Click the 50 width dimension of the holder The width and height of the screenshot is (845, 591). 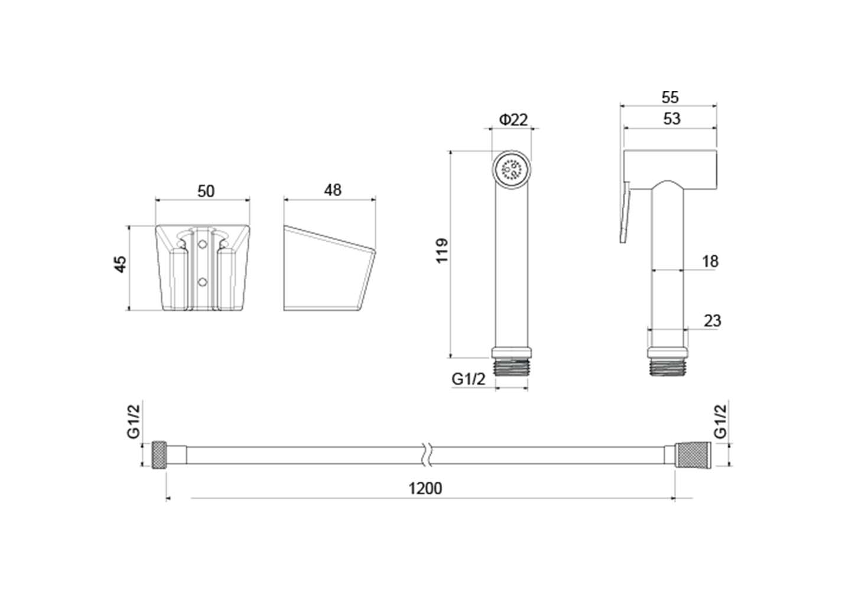[206, 191]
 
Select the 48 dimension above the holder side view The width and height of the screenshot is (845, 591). [333, 190]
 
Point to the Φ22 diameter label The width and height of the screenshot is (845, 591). [513, 119]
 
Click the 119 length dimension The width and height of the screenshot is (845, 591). [442, 251]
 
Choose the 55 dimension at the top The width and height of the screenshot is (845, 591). [670, 98]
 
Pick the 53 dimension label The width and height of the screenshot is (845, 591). [671, 119]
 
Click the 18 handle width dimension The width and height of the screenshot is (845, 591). [710, 262]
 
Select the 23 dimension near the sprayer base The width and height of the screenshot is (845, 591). [712, 321]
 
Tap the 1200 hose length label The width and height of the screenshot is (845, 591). [425, 489]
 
